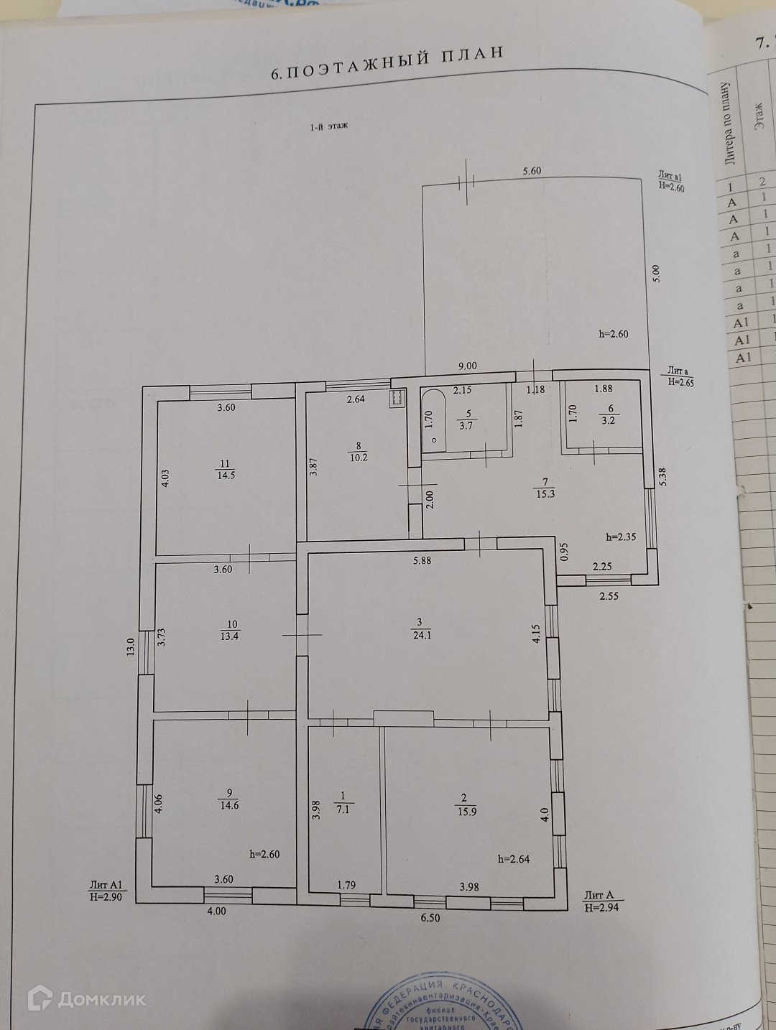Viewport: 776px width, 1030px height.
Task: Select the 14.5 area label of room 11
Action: (226, 474)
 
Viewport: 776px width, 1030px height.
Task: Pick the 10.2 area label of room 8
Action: (359, 457)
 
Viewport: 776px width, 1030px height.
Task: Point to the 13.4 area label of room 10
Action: (230, 635)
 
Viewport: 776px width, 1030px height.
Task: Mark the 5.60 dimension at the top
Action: (532, 171)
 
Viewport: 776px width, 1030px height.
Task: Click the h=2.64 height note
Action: (514, 859)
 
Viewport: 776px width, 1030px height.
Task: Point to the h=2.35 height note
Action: (622, 537)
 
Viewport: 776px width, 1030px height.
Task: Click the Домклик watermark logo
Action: (87, 998)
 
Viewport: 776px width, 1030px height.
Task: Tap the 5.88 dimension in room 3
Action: (422, 560)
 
